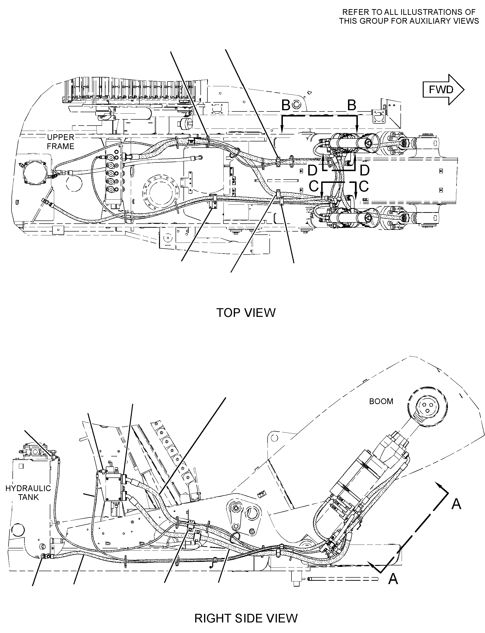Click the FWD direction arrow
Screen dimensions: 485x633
[443, 90]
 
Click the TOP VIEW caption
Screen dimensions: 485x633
[246, 313]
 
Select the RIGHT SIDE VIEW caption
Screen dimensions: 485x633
[246, 618]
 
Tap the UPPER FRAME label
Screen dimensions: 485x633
[61, 142]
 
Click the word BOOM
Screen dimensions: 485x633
[381, 401]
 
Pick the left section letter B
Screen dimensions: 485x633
[286, 105]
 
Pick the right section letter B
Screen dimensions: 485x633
[352, 105]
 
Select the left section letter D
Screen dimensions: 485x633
[312, 171]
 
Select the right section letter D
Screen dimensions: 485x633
[365, 170]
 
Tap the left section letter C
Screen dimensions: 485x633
[314, 186]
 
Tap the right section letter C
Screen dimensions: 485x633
[364, 186]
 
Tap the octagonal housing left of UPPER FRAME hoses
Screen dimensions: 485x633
[35, 173]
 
